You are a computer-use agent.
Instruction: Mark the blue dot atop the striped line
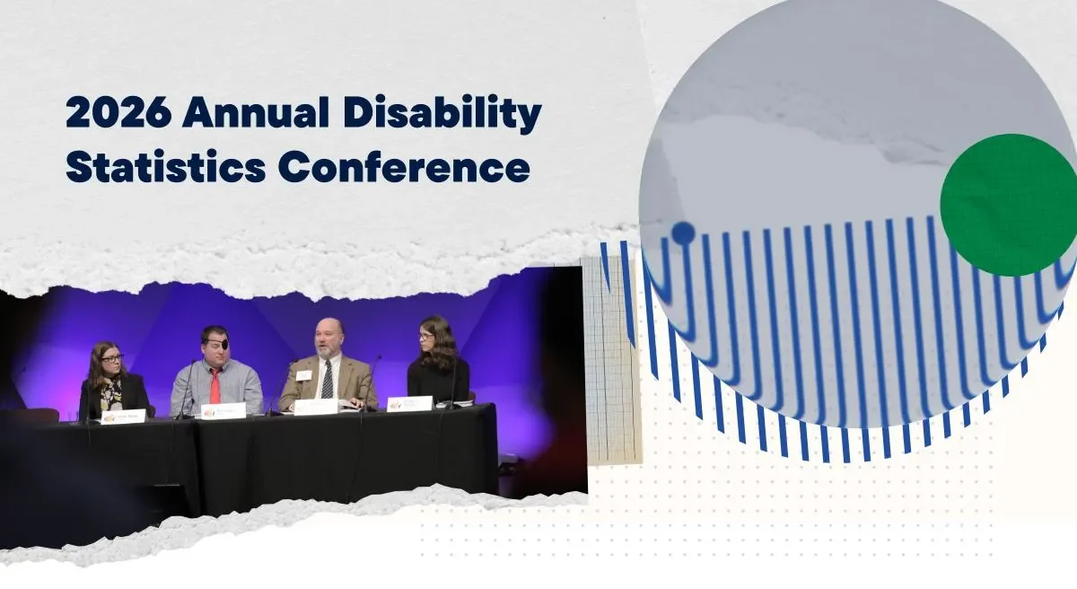pyautogui.click(x=683, y=233)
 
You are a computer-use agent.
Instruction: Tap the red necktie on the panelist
pyautogui.click(x=215, y=386)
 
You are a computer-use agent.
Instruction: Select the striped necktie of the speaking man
pyautogui.click(x=327, y=379)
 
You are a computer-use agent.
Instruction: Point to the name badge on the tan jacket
pyautogui.click(x=303, y=375)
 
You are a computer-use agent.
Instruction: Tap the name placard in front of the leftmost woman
pyautogui.click(x=123, y=417)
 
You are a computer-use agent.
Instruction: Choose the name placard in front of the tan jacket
pyautogui.click(x=317, y=407)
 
